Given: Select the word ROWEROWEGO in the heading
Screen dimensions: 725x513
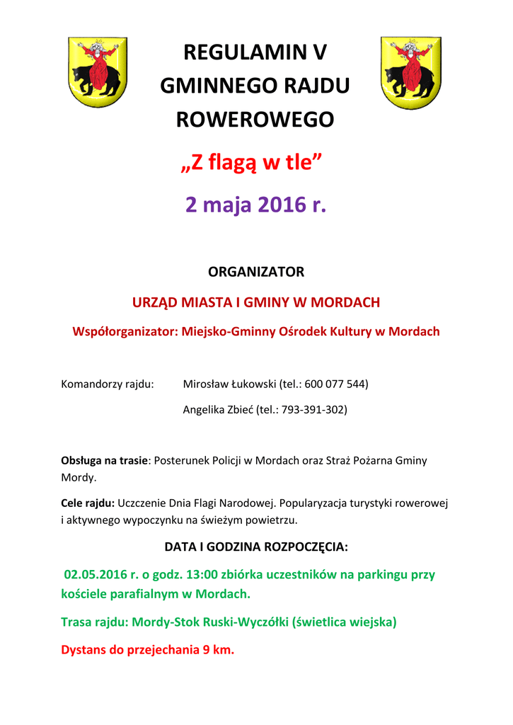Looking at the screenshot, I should pyautogui.click(x=255, y=120).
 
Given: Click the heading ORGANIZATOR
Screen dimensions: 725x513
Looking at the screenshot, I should pyautogui.click(x=255, y=272).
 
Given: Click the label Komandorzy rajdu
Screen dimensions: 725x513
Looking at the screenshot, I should pyautogui.click(x=108, y=384).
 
